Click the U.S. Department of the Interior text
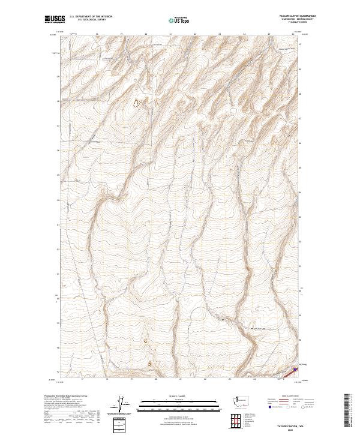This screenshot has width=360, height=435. click(x=91, y=17)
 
